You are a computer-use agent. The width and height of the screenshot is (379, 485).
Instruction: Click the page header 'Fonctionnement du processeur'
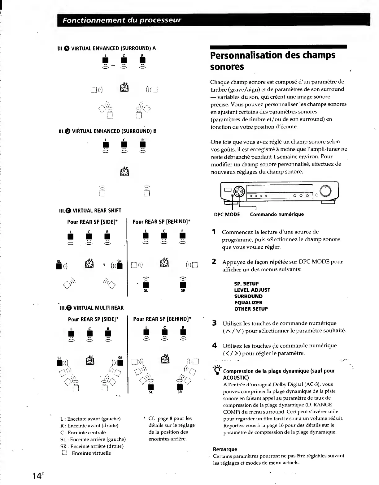point(122,20)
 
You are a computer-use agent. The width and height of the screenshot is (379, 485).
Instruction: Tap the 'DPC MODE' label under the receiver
point(227,214)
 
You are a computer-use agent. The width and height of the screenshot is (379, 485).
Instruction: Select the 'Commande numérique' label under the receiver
point(277,214)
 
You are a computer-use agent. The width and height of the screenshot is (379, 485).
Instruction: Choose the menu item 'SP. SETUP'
point(246,284)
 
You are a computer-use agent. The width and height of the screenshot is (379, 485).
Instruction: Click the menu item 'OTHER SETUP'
point(251,309)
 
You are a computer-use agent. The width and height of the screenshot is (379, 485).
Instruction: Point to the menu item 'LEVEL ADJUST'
point(252,290)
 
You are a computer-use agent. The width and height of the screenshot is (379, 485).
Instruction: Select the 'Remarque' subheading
point(225,449)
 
